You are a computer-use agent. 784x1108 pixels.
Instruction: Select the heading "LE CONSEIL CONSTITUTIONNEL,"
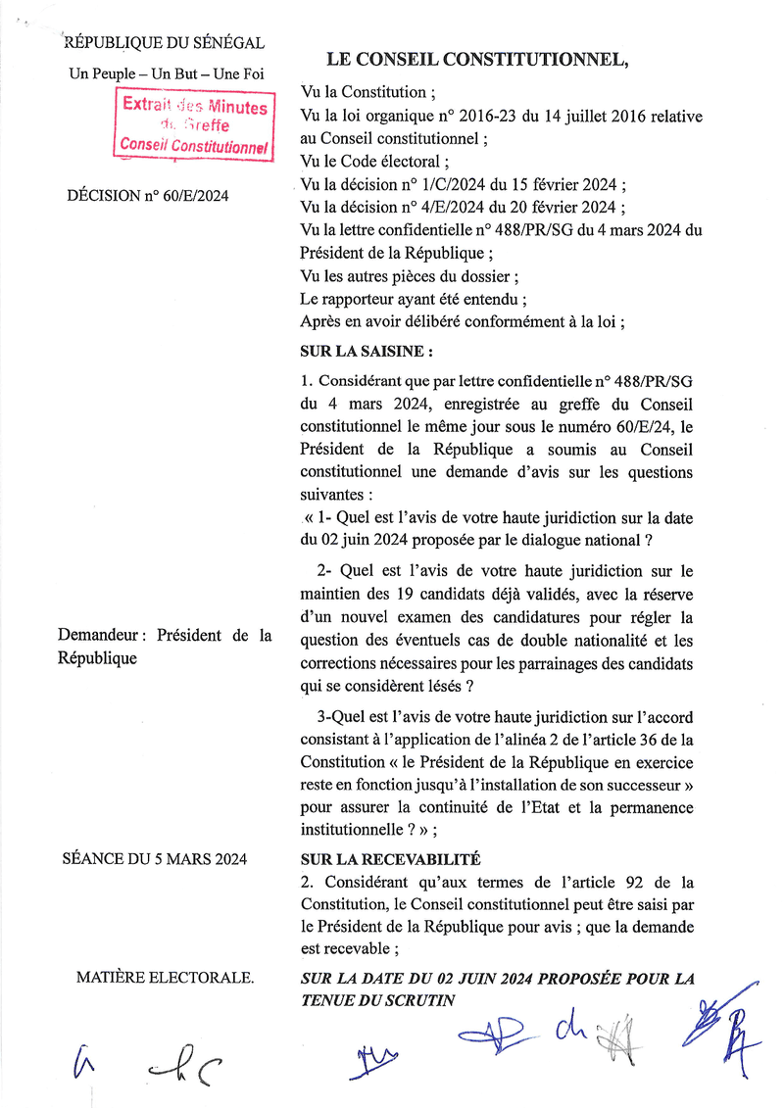(476, 60)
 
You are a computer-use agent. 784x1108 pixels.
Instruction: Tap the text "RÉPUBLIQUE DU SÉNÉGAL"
(164, 42)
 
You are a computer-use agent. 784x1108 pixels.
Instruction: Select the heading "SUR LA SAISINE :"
(365, 350)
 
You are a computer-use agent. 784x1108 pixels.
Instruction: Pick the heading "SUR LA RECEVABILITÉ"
(389, 859)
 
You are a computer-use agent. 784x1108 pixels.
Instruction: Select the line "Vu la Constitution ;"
(367, 93)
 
